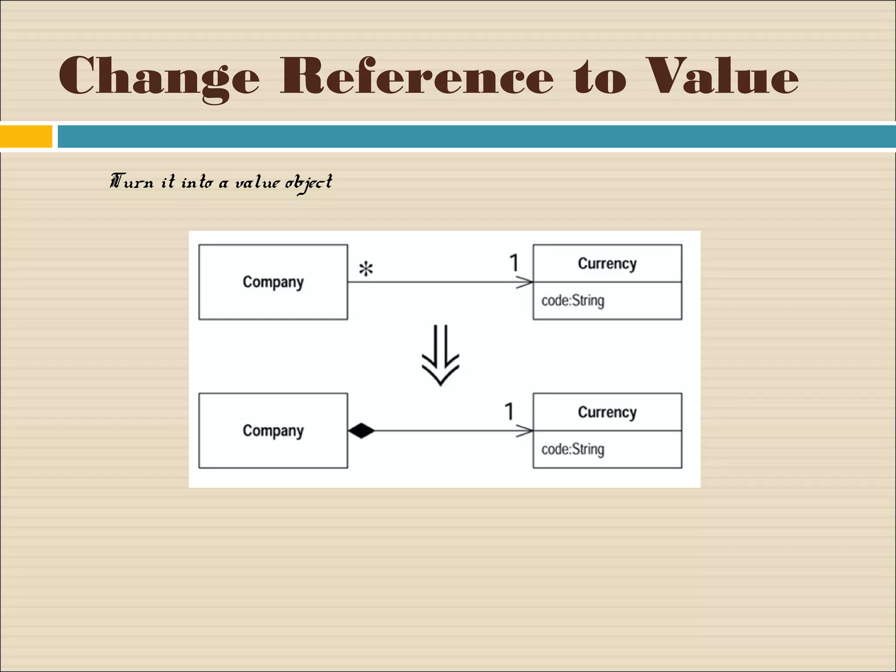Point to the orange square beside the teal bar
tap(26, 136)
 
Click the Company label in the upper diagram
tap(273, 282)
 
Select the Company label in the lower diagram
tap(273, 431)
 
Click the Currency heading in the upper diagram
tap(607, 264)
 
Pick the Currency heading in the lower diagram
tap(607, 413)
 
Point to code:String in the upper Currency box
tap(573, 301)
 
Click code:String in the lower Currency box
tap(573, 450)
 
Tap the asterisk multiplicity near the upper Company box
tap(366, 269)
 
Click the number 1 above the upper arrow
tap(514, 263)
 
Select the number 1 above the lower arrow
tap(509, 412)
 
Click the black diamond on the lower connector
tap(361, 431)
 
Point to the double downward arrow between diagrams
tap(440, 355)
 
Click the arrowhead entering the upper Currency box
tap(525, 283)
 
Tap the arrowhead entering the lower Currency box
tap(525, 431)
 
